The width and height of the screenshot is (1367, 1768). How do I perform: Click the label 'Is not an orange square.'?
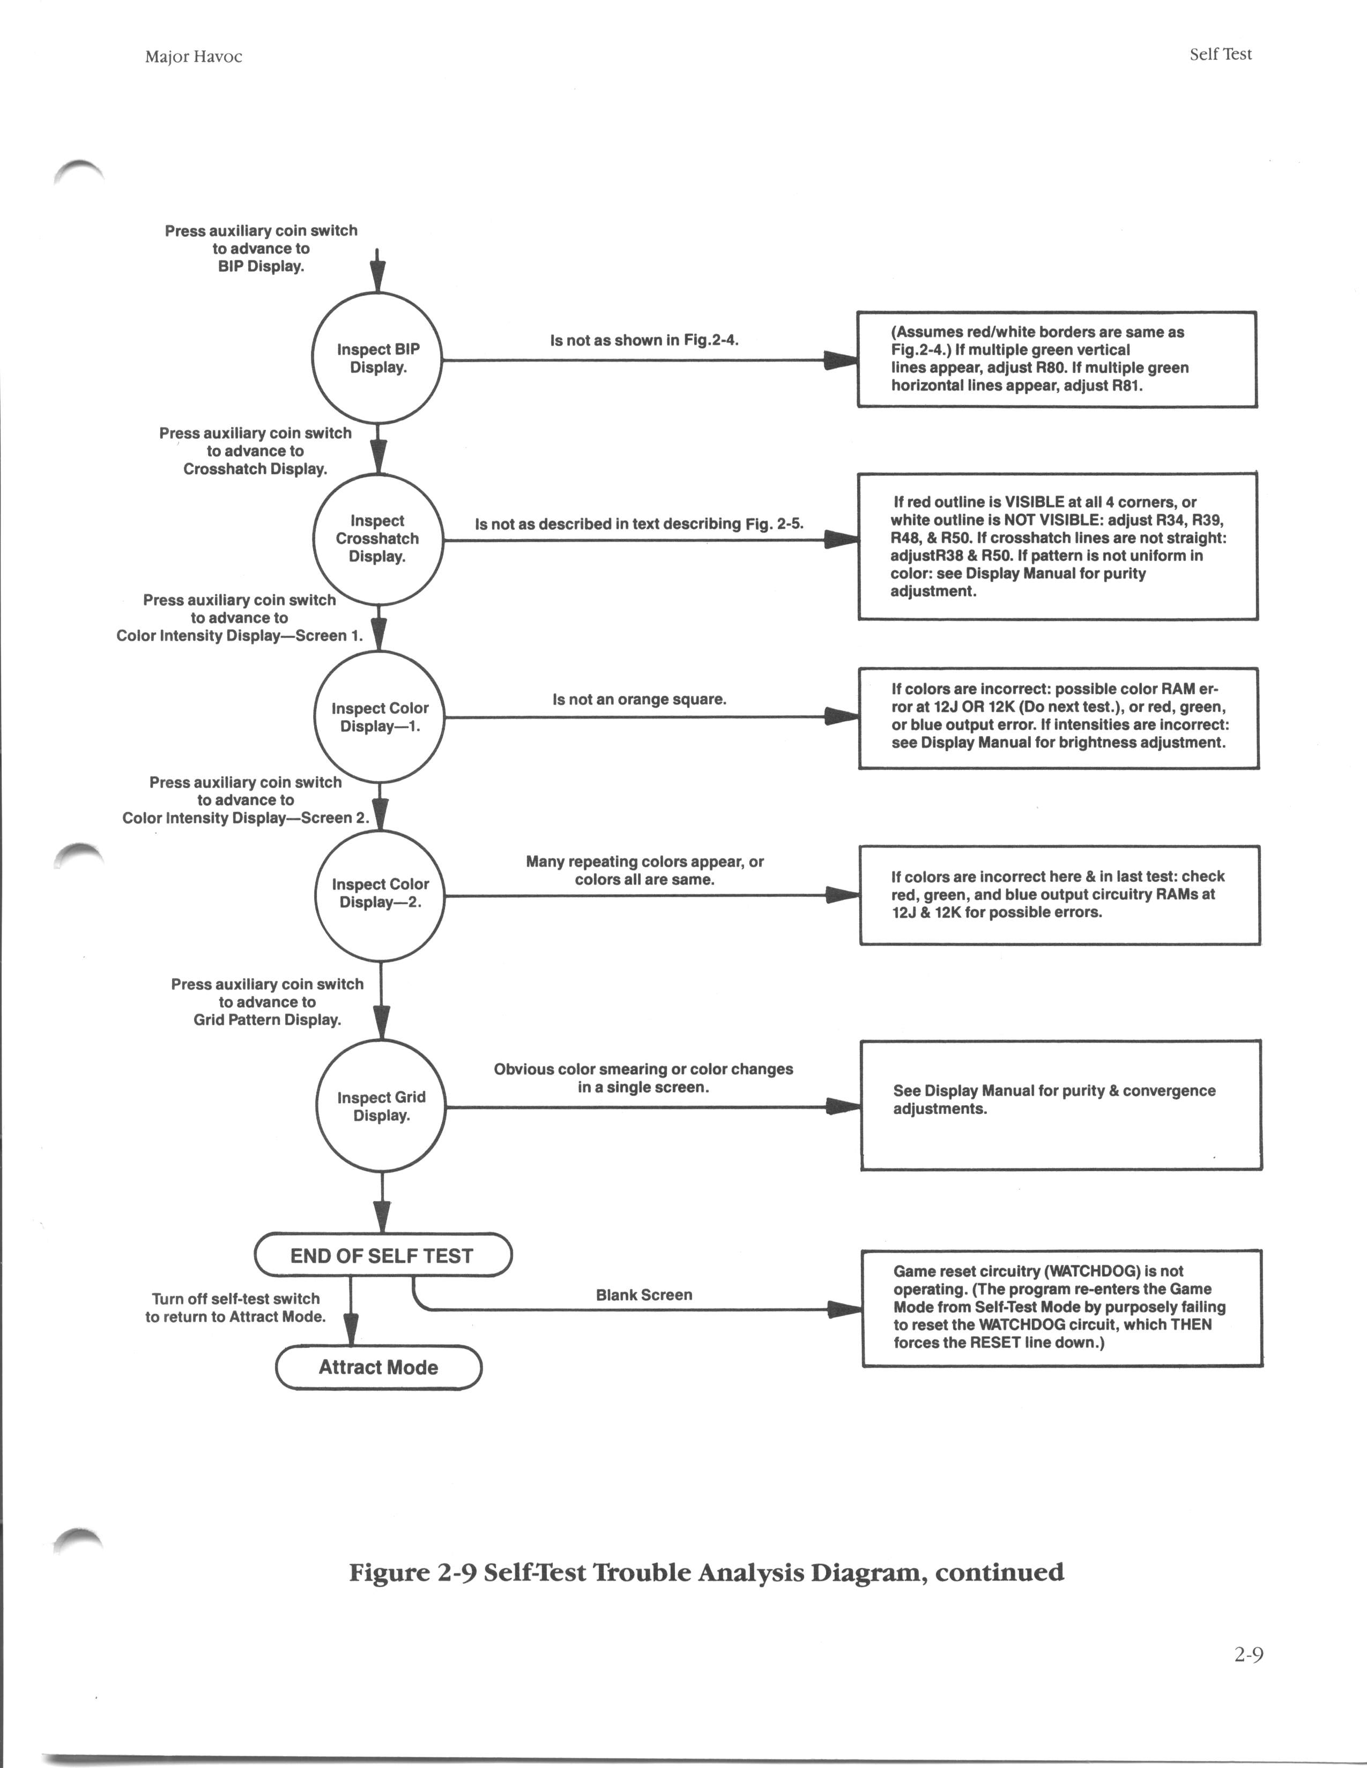tap(640, 699)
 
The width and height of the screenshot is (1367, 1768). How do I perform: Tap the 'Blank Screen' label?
tap(644, 1295)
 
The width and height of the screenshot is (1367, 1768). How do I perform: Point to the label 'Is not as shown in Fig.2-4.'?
tap(644, 341)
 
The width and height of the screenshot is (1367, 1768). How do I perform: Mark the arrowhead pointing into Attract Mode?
tap(351, 1330)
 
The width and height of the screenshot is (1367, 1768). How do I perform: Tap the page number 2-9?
tap(1249, 1655)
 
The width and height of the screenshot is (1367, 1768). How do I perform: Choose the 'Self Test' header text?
tap(1221, 54)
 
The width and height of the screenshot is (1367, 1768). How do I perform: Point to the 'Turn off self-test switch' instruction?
tap(236, 1299)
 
